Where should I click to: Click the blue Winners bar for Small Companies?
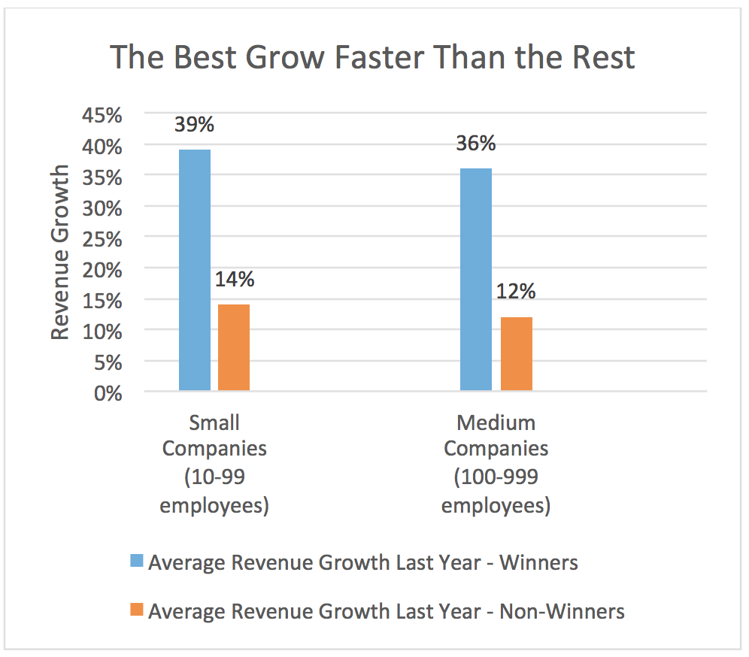point(194,270)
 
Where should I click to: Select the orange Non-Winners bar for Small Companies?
point(234,347)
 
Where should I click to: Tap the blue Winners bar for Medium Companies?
point(476,279)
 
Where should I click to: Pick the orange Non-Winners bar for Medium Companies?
point(516,353)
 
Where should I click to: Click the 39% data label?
point(194,124)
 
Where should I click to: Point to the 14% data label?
point(235,280)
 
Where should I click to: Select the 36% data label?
point(476,143)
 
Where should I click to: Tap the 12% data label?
point(517,292)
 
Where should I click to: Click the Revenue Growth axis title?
point(61,253)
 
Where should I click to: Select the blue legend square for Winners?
point(138,562)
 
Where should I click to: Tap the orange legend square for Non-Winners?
point(138,611)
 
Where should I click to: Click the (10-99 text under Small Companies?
point(214,477)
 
